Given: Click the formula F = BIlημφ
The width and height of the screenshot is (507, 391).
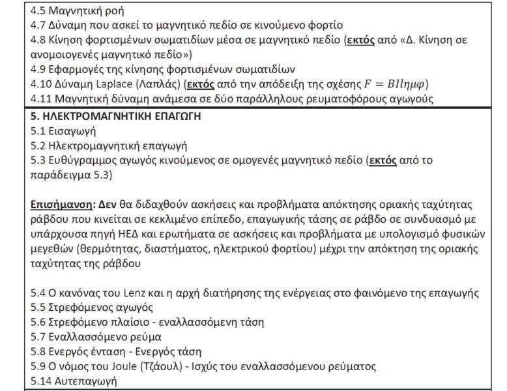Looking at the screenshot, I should pos(387,85).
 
